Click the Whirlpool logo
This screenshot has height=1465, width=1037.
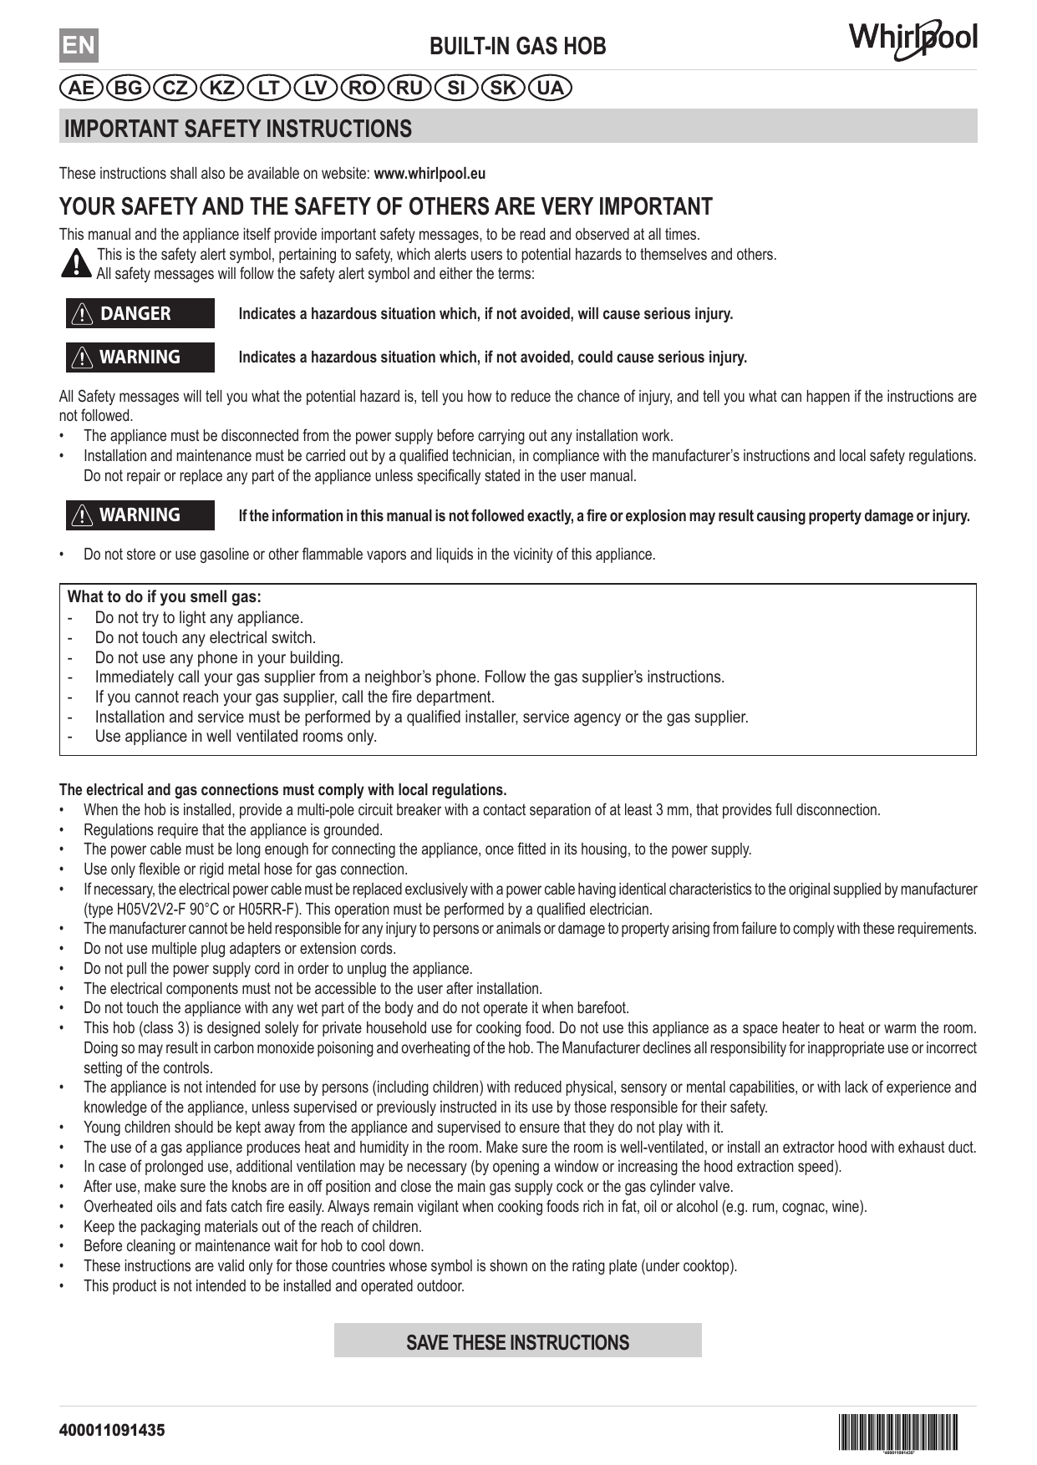[913, 40]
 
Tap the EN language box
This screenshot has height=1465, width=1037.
[79, 45]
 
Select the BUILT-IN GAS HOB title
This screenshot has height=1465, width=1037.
[517, 46]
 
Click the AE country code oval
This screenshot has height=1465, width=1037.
[82, 88]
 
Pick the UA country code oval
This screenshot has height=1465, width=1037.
[550, 88]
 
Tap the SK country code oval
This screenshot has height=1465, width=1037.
[503, 88]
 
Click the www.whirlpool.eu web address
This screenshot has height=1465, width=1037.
[430, 174]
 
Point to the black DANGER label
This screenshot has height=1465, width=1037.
[140, 313]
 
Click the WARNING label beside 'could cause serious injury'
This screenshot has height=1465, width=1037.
[140, 357]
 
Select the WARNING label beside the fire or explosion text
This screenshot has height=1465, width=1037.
[140, 515]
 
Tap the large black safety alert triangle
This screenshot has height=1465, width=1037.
[77, 263]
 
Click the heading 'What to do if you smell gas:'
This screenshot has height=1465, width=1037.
[164, 597]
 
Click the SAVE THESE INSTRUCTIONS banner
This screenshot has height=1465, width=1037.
[517, 1342]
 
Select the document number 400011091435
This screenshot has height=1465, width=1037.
[112, 1430]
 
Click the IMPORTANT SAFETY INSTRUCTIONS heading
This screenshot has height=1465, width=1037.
[238, 129]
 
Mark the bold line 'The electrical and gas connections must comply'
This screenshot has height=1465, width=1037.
[282, 790]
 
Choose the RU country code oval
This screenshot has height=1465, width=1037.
[409, 88]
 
